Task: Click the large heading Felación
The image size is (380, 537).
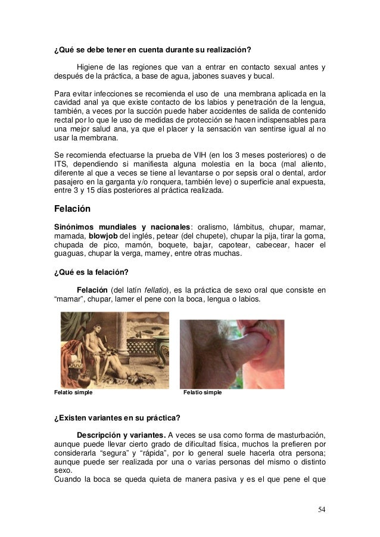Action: coord(74,209)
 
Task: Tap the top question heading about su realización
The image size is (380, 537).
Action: coord(152,50)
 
